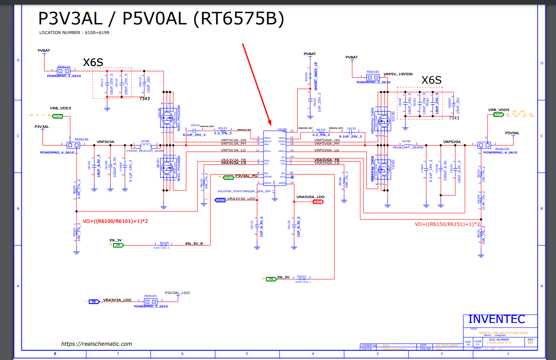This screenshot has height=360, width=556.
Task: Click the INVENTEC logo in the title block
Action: [496, 319]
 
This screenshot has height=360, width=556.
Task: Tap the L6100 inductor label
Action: [145, 141]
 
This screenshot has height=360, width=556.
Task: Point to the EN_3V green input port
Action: [118, 245]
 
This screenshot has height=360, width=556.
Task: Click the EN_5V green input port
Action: [271, 278]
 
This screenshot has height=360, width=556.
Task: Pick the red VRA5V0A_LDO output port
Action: [318, 201]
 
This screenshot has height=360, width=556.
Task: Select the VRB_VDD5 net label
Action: [498, 110]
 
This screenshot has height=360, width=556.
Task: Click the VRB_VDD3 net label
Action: [61, 108]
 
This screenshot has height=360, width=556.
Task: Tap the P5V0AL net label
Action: [512, 133]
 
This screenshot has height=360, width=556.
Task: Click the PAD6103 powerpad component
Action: [150, 302]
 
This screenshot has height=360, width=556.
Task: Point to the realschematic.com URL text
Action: [97, 344]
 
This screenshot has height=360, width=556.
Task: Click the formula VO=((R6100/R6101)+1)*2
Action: [115, 221]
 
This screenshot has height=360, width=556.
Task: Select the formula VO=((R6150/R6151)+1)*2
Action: [447, 224]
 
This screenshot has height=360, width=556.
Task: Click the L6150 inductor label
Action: [406, 141]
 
